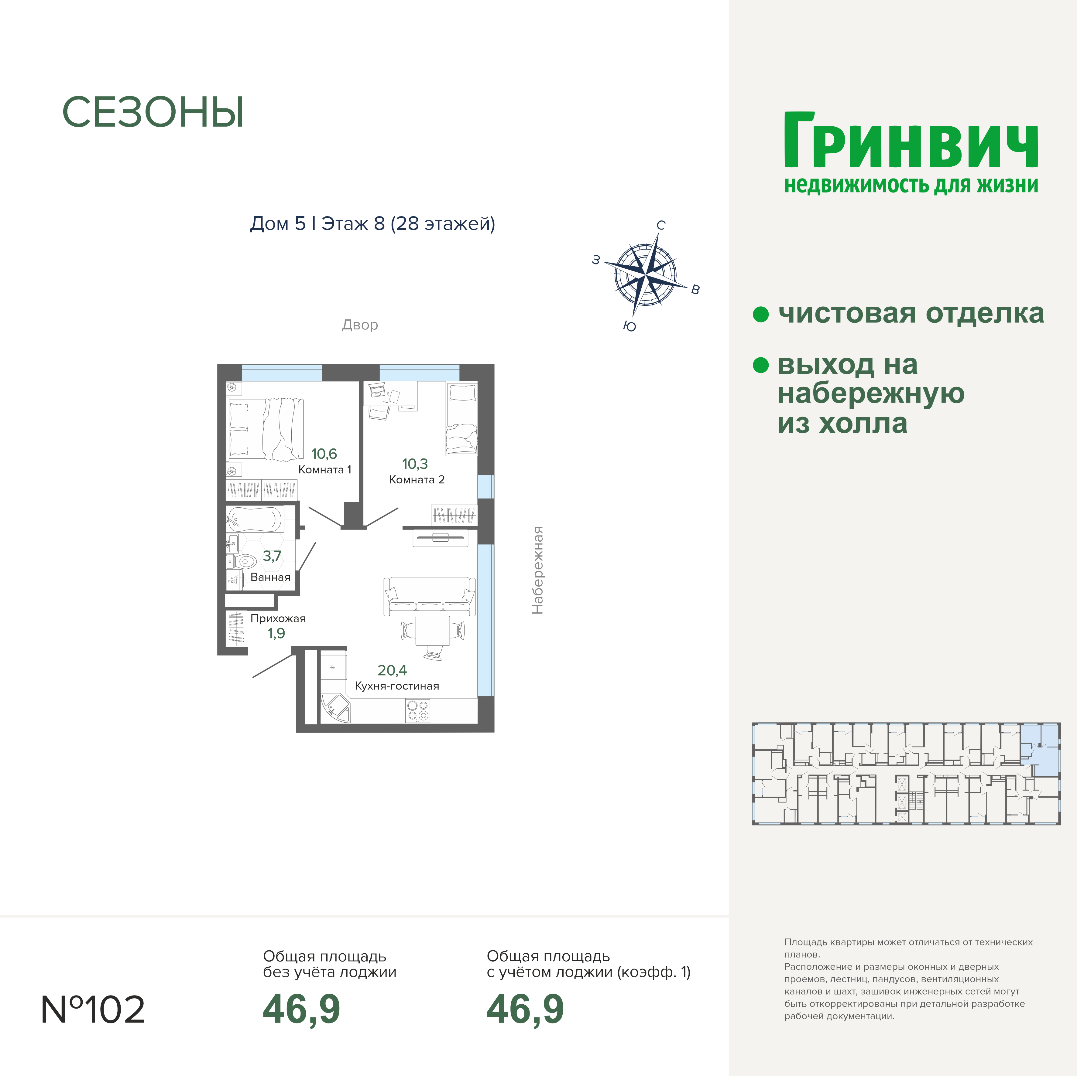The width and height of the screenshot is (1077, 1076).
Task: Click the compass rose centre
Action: coord(646,274)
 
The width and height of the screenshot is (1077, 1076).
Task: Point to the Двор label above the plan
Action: coord(360,325)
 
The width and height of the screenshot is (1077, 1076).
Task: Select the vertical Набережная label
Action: coord(537,570)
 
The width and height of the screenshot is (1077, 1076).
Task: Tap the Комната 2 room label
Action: coord(417,480)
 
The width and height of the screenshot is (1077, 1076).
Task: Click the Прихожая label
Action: coord(278,618)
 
